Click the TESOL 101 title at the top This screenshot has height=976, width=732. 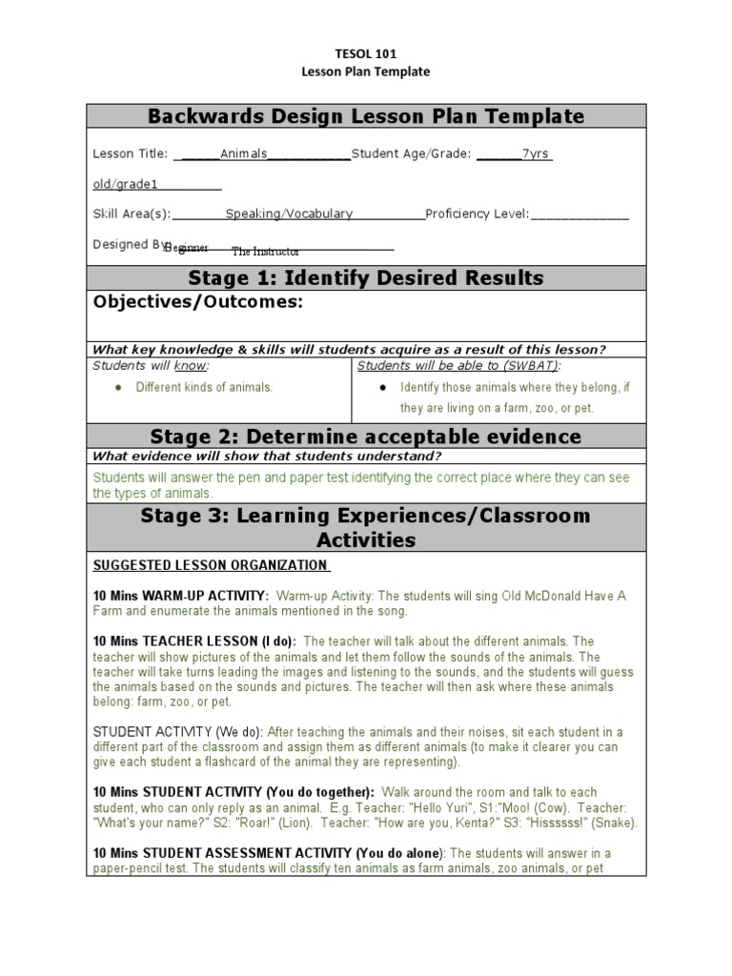tap(366, 53)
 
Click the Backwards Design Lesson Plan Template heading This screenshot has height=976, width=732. tap(366, 117)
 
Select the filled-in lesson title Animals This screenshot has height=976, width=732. tap(244, 153)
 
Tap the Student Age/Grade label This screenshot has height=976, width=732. tap(411, 153)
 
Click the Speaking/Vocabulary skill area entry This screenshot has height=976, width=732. tap(289, 214)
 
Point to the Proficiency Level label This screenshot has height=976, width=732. tap(477, 214)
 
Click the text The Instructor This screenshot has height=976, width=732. tap(266, 252)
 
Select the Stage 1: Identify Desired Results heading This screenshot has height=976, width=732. tap(366, 278)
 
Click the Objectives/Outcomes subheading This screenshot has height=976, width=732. tap(197, 303)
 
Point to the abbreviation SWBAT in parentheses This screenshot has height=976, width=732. tap(534, 366)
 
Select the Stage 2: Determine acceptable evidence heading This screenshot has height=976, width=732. tap(366, 437)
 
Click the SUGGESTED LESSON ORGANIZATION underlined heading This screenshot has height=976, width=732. tap(211, 566)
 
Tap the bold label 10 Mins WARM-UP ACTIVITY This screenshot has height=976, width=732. tap(180, 596)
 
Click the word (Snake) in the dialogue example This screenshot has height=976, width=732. tap(613, 823)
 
